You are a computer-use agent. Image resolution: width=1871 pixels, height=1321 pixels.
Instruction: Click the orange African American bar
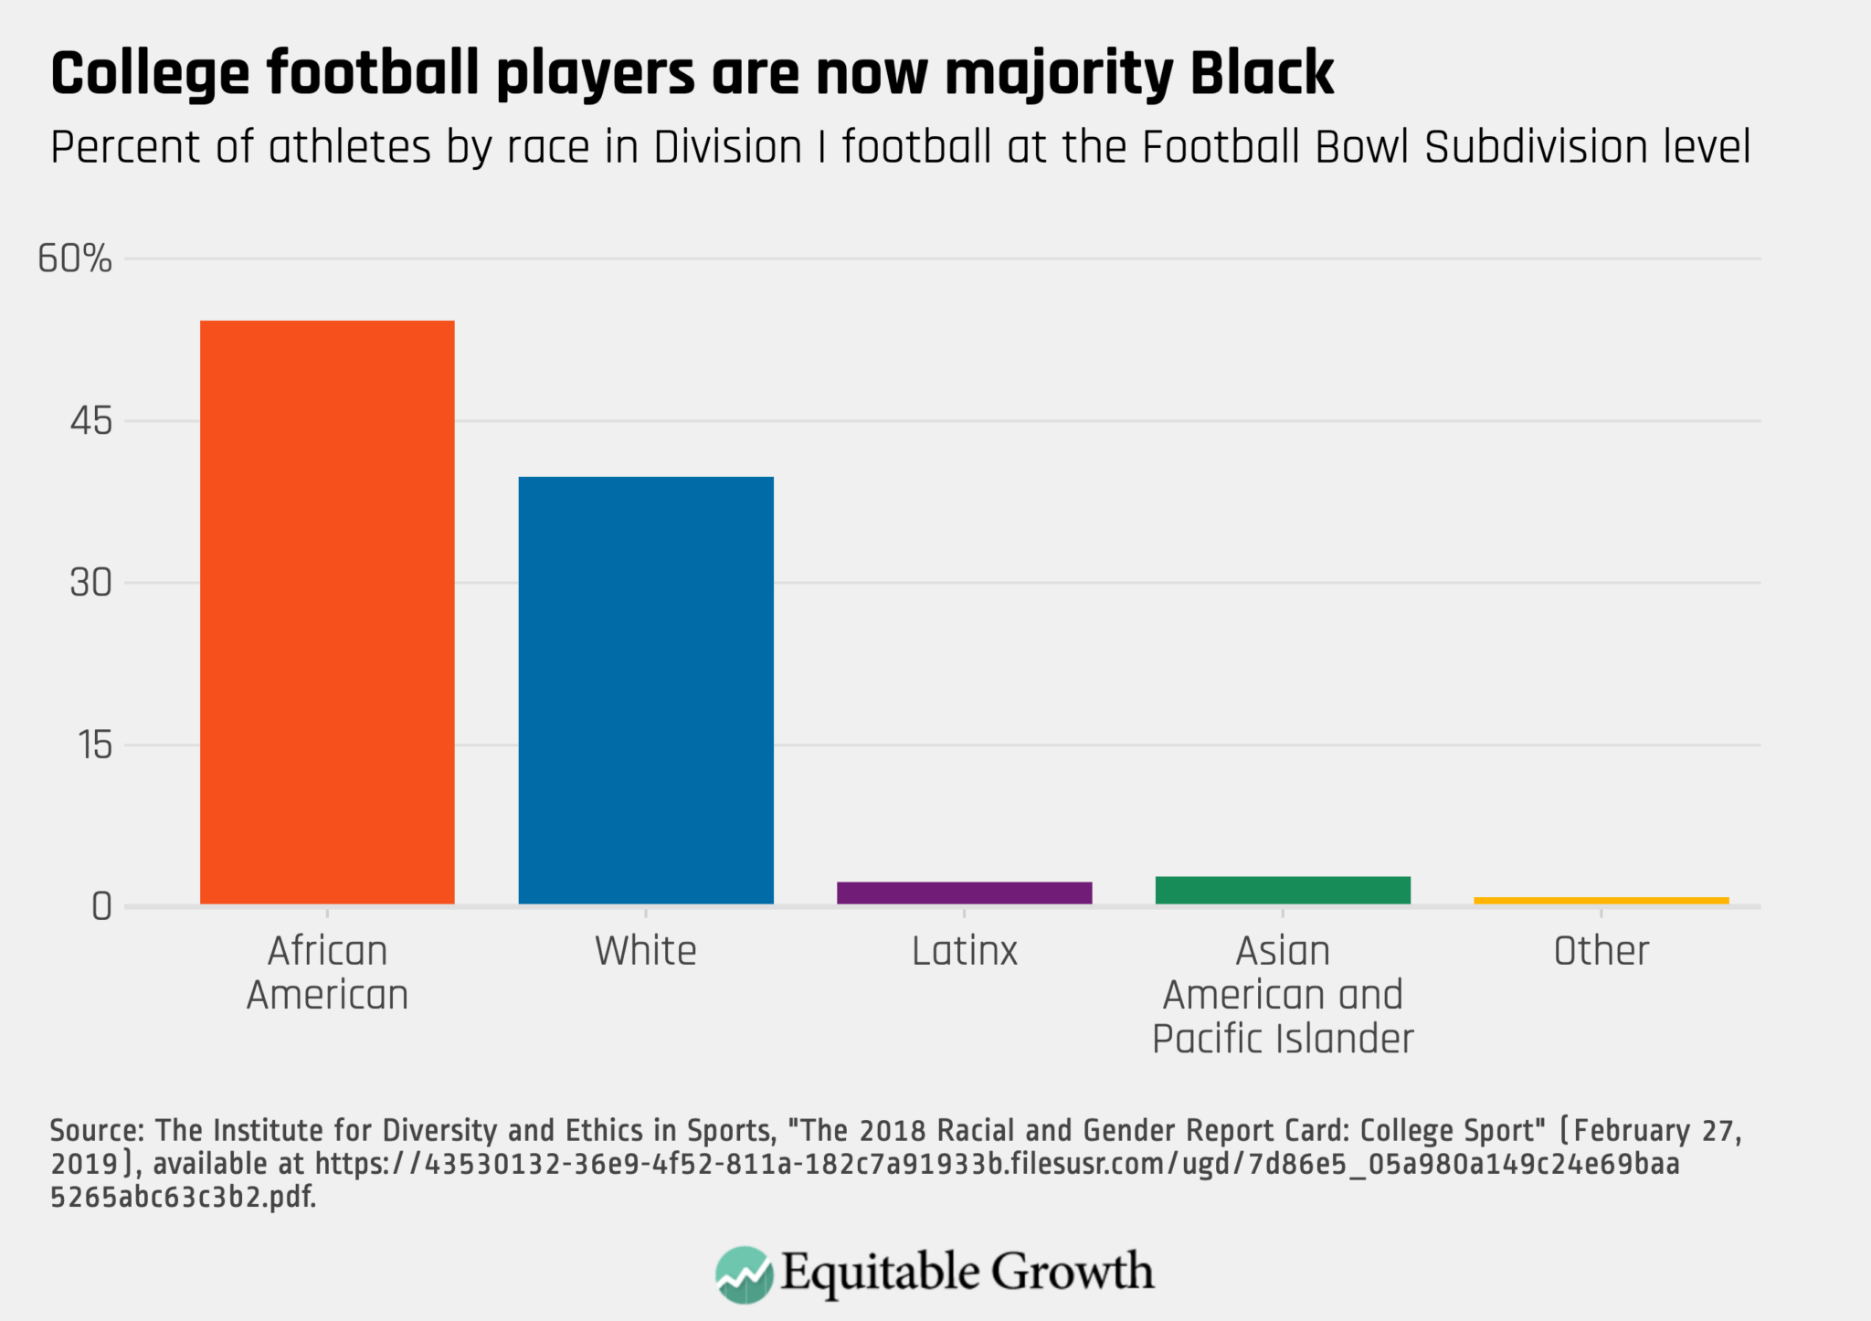[327, 612]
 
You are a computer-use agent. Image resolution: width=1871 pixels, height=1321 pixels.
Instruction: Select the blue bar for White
[646, 691]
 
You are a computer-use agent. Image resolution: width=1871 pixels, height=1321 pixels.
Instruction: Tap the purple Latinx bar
[964, 893]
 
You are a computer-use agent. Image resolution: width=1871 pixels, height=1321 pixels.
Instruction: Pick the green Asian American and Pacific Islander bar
[1283, 890]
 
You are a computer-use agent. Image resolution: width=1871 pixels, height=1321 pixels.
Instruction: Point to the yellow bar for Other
[1601, 901]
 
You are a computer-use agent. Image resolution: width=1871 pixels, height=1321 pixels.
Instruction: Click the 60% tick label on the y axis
[75, 259]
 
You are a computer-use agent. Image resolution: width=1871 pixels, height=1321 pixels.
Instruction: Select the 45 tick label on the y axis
[90, 421]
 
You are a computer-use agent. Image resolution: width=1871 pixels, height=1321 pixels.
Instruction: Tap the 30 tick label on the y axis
[90, 583]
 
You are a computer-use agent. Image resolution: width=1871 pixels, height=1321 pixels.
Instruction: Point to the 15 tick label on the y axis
[94, 745]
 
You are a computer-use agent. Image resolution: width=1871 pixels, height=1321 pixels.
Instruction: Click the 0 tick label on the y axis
[101, 907]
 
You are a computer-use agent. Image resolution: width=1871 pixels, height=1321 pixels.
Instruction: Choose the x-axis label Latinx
[964, 951]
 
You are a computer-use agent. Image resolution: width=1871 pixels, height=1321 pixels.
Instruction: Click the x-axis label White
[646, 951]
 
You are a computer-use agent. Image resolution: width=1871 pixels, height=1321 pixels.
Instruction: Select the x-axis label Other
[1601, 951]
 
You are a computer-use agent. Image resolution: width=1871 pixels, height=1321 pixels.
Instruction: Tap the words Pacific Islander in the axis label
[1283, 1039]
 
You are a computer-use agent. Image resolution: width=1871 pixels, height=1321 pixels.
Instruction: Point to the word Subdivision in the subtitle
[1517, 147]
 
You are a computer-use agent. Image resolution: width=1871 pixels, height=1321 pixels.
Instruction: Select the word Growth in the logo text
[1073, 1272]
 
